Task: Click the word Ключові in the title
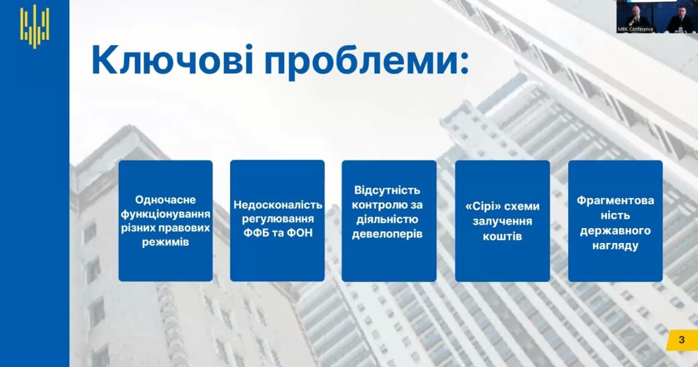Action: (x=173, y=60)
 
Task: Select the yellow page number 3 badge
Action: (x=681, y=340)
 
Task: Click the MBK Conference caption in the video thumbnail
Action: (x=635, y=29)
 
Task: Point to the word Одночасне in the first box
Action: (x=165, y=200)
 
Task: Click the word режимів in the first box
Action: (x=165, y=242)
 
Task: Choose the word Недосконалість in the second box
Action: (x=278, y=205)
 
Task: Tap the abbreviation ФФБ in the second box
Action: (x=255, y=232)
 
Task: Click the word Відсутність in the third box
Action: (x=388, y=190)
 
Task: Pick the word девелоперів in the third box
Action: (x=388, y=234)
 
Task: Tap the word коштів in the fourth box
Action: (x=503, y=236)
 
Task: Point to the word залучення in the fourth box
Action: (x=503, y=221)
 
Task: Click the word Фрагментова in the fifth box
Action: (x=615, y=201)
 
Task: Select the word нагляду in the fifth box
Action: (x=615, y=245)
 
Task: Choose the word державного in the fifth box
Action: (x=615, y=231)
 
